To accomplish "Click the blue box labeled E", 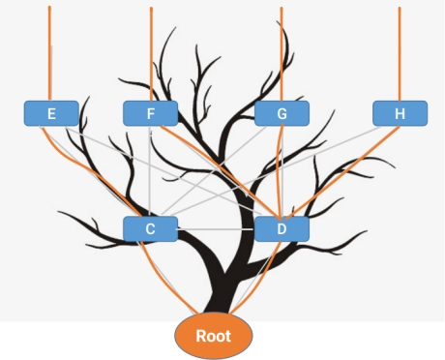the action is point(51,113).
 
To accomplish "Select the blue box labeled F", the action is point(151,113).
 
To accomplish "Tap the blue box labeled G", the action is point(282,113).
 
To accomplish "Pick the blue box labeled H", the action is point(400,113).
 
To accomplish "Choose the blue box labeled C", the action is point(150,228).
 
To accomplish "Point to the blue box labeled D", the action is point(282,228).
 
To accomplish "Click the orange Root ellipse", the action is point(214,336).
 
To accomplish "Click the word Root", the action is point(214,336).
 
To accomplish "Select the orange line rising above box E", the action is point(49,53).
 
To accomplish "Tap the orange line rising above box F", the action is point(151,54).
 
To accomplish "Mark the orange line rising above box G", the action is point(282,53).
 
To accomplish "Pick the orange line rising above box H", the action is point(400,53).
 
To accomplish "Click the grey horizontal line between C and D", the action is point(216,229).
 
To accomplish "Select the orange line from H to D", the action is point(342,172).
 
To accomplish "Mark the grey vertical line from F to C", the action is point(150,171).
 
